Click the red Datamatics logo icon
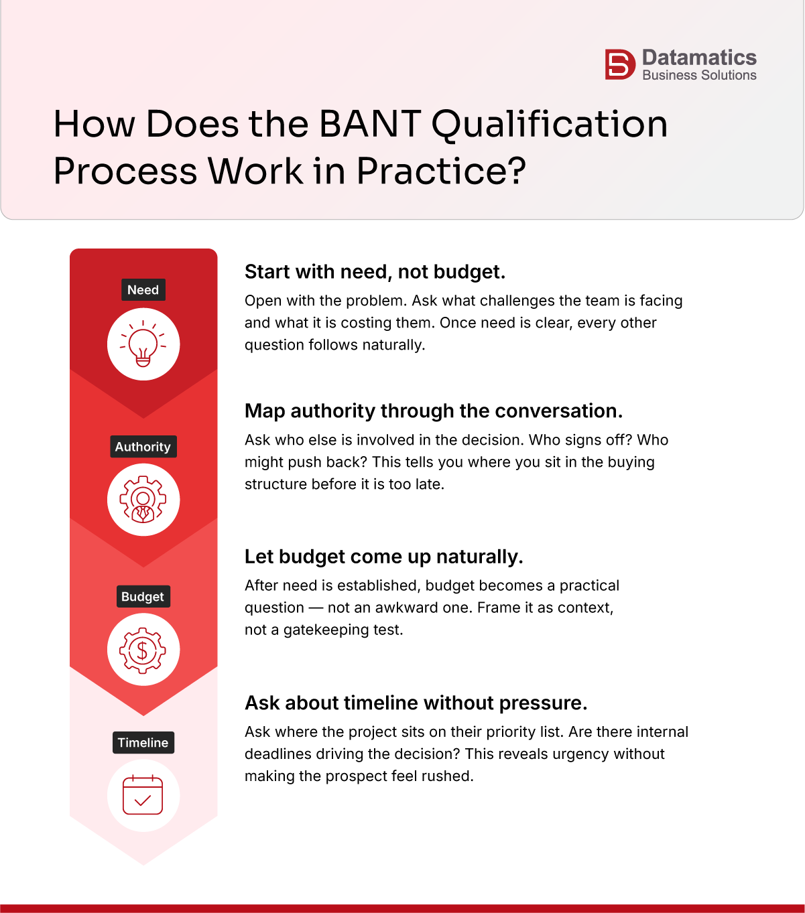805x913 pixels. [x=619, y=65]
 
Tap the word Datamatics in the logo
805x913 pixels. [x=699, y=58]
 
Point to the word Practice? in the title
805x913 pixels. [x=441, y=171]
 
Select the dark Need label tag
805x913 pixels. [x=143, y=290]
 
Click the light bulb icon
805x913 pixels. [x=143, y=344]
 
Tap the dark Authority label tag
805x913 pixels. [x=143, y=447]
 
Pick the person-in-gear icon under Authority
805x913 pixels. [x=143, y=500]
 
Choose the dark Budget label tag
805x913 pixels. [x=142, y=597]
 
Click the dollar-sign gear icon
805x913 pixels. [x=143, y=650]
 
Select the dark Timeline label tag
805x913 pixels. [x=143, y=743]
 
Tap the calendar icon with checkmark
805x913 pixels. [x=143, y=796]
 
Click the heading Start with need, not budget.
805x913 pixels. [x=375, y=272]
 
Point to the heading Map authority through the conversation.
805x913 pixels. [x=434, y=411]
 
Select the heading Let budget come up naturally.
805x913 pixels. [x=383, y=557]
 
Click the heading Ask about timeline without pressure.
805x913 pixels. [x=416, y=703]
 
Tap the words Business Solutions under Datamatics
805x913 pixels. [x=699, y=76]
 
